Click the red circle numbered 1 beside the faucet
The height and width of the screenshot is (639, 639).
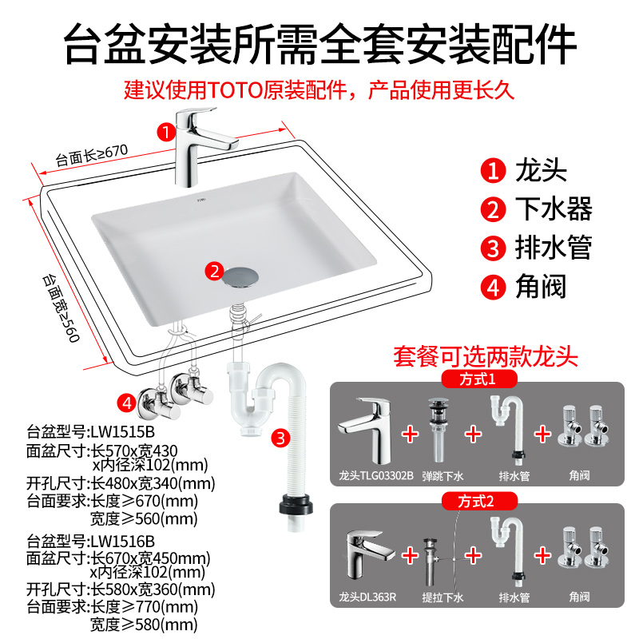(165, 130)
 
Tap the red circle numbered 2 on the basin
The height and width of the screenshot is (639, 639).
(213, 272)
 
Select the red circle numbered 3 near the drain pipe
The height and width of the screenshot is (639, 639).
(280, 437)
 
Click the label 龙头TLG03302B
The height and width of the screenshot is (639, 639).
(375, 476)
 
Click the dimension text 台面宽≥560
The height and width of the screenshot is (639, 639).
(62, 308)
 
